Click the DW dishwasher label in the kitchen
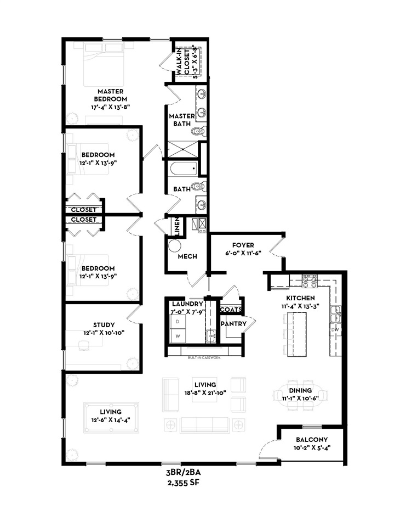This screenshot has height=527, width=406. pos(335,329)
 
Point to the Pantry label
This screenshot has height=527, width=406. pos(233,324)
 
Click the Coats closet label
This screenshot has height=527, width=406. pos(231,310)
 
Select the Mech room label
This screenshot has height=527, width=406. pos(187,256)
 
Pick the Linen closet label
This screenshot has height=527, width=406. pos(177,225)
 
